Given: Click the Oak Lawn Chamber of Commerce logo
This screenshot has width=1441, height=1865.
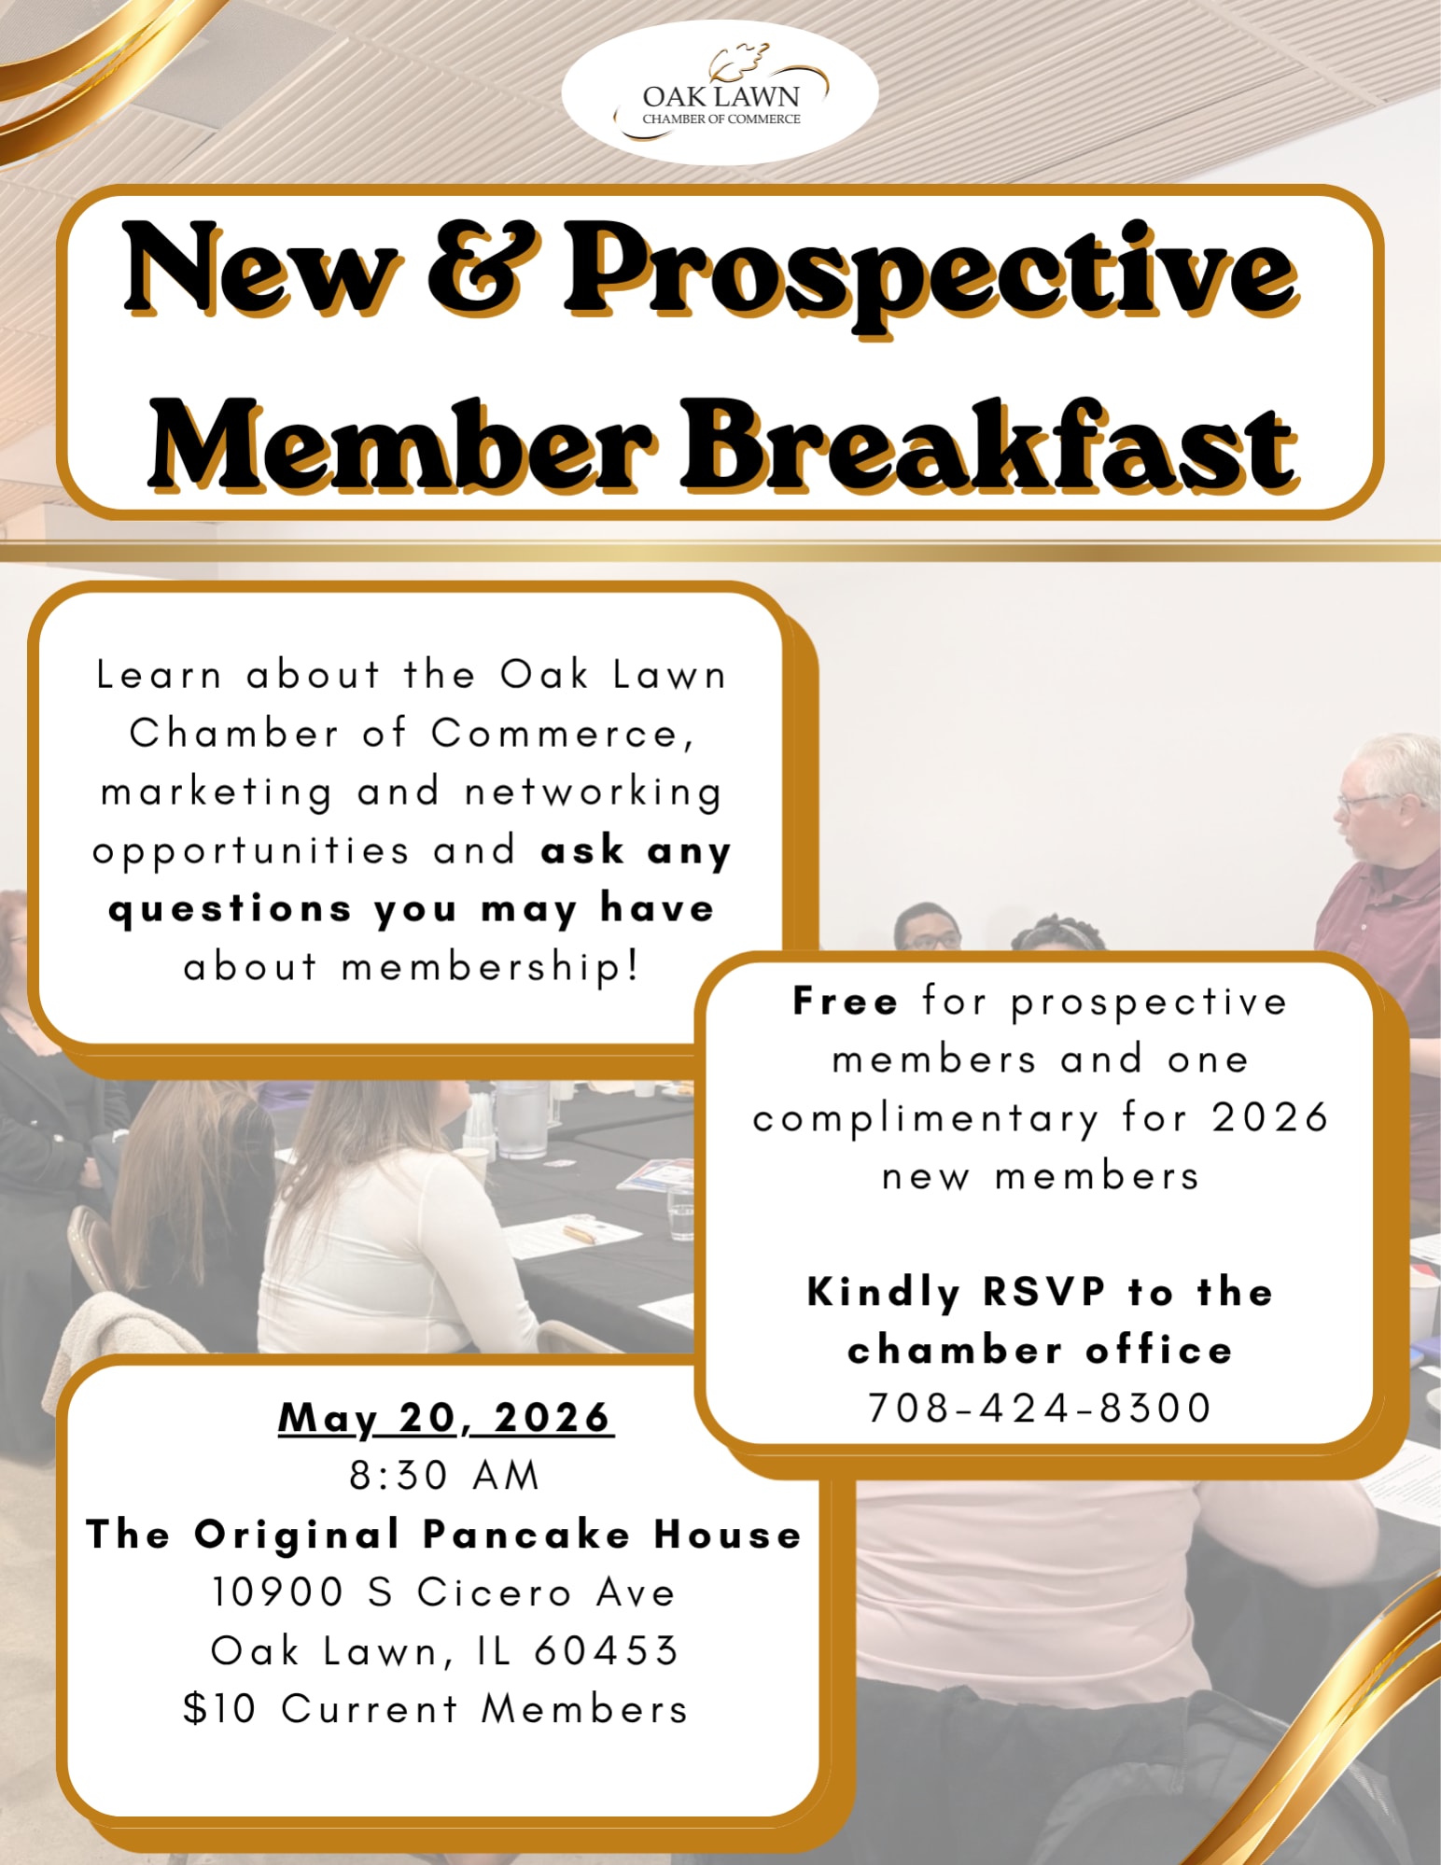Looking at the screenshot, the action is click(720, 92).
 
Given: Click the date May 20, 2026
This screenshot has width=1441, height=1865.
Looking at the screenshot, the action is click(446, 1418).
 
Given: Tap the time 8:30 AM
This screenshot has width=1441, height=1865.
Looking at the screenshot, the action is click(445, 1476).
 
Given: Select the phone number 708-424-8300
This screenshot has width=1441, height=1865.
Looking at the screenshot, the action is click(1040, 1408).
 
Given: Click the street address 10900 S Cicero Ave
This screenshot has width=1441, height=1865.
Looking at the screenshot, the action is click(443, 1592).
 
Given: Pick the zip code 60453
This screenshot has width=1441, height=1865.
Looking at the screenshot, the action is click(607, 1650).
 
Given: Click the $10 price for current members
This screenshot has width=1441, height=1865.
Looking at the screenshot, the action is click(219, 1708).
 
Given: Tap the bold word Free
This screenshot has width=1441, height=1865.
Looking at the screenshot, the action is click(846, 1001).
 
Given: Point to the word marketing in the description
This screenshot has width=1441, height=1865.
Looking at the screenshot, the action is click(216, 792).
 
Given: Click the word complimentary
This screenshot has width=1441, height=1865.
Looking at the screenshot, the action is click(926, 1119).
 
